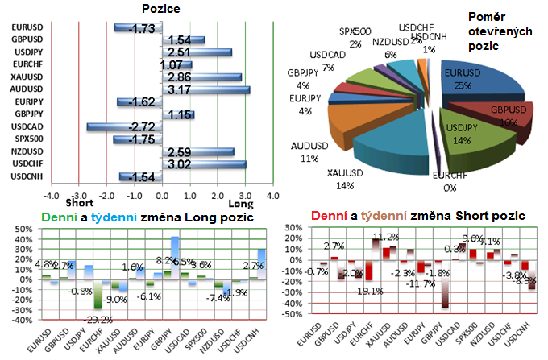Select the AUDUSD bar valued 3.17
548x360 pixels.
(x=205, y=89)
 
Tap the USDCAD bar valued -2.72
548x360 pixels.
(x=125, y=127)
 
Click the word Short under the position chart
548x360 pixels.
(x=77, y=205)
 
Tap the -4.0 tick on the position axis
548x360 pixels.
(x=50, y=195)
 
